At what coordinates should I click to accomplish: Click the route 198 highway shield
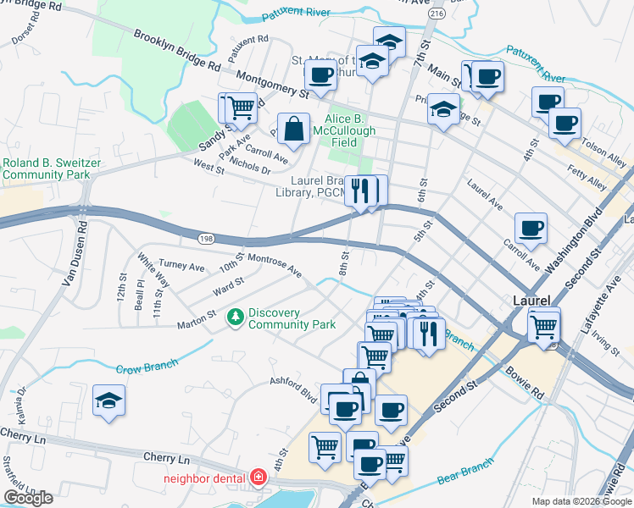click(x=207, y=240)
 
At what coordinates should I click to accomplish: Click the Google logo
click(x=28, y=497)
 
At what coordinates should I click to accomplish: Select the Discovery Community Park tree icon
click(x=236, y=317)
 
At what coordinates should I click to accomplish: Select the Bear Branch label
click(x=465, y=473)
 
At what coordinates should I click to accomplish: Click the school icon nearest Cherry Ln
click(x=108, y=401)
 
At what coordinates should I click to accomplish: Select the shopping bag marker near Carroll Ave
click(x=293, y=129)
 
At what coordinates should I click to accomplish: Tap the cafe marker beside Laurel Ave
click(x=531, y=228)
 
